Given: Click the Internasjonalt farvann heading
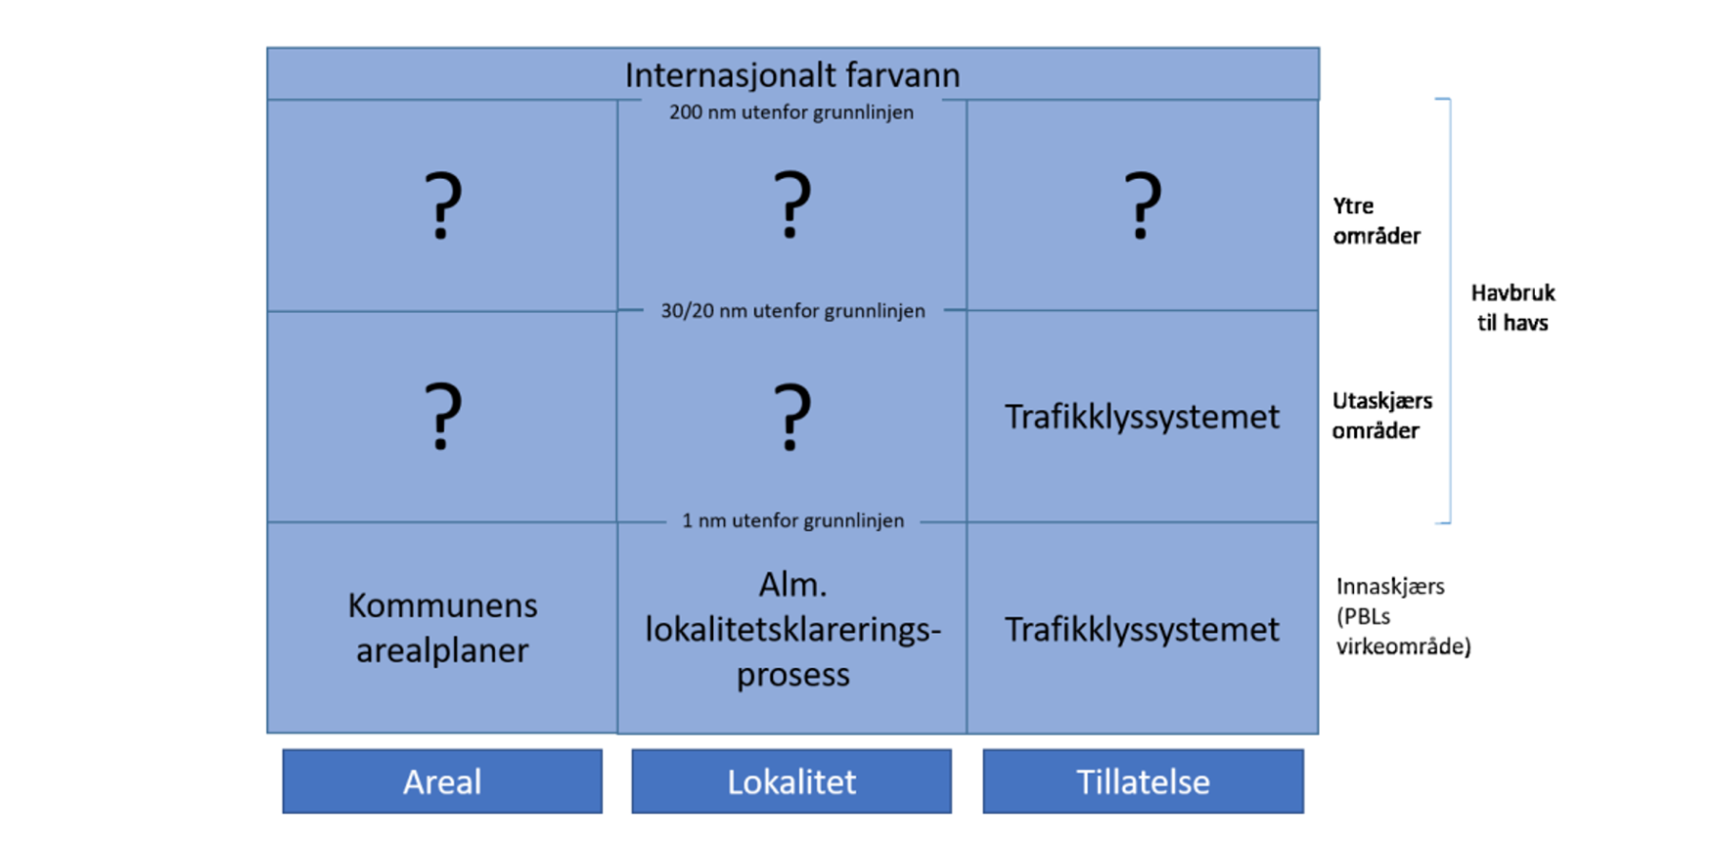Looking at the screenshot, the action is click(x=792, y=75).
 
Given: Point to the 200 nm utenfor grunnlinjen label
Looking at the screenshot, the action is click(x=791, y=112).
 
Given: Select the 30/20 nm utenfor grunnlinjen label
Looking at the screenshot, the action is click(x=793, y=311).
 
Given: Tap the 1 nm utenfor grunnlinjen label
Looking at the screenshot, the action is click(x=793, y=521).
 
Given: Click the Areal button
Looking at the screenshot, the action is click(x=442, y=781).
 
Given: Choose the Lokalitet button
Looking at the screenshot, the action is click(x=791, y=781).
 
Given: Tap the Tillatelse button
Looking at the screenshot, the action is click(x=1143, y=781).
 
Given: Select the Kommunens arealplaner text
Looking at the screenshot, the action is click(x=442, y=627).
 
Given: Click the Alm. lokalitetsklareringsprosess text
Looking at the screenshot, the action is click(x=793, y=628).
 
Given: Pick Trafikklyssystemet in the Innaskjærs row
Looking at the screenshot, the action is click(x=1142, y=629).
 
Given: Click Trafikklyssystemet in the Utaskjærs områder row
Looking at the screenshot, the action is click(x=1142, y=417).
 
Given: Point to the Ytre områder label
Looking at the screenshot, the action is click(x=1377, y=221).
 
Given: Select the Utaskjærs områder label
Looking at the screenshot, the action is click(x=1382, y=415).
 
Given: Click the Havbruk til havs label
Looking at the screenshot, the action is click(x=1513, y=307).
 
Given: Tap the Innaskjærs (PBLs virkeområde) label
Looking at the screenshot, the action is click(x=1404, y=616).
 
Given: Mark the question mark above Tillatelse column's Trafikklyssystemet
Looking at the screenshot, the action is click(x=1143, y=205).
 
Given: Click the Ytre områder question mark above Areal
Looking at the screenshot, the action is click(x=443, y=205).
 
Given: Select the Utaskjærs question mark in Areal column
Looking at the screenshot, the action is click(x=443, y=416).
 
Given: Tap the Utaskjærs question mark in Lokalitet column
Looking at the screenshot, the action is click(x=792, y=416).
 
